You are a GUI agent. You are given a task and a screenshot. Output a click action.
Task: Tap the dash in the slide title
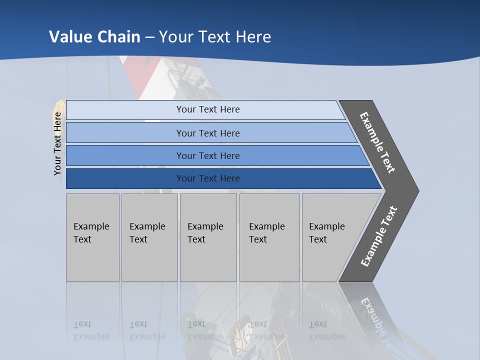click(x=149, y=37)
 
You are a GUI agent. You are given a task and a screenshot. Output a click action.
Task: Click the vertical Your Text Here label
click(x=57, y=143)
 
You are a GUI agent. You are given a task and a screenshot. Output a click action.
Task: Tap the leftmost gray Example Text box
click(x=92, y=237)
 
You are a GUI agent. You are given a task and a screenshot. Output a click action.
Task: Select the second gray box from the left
click(x=149, y=237)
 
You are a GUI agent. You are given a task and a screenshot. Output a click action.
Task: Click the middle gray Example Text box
click(x=208, y=237)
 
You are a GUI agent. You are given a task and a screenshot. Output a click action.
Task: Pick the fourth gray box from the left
click(x=269, y=237)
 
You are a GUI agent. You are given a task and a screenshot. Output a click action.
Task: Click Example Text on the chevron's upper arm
click(x=377, y=142)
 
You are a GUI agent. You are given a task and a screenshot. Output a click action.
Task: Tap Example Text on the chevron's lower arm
click(x=378, y=236)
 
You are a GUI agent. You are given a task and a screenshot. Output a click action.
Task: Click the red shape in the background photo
click(x=137, y=75)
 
